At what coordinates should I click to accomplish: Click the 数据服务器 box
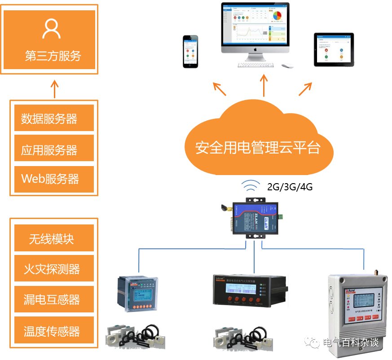(54, 119)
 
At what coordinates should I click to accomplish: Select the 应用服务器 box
(54, 149)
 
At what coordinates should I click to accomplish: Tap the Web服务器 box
(54, 179)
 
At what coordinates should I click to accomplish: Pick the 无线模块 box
(54, 238)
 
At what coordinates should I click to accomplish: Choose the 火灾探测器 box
(54, 268)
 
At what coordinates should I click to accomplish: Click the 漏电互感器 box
(54, 299)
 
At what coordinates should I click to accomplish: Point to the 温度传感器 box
(54, 331)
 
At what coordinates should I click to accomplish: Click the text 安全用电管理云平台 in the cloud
(258, 147)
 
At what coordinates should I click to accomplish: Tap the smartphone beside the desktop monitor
(190, 51)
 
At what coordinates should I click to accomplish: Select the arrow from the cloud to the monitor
(264, 85)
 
